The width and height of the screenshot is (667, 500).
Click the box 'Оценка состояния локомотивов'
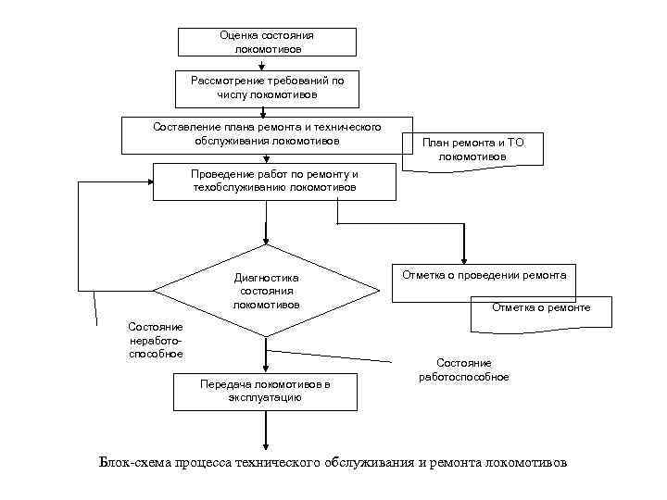[267, 42]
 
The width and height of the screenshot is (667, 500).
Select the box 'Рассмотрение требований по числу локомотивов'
[267, 88]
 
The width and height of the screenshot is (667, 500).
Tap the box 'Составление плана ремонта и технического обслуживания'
[266, 134]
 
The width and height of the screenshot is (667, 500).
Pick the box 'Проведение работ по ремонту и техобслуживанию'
[274, 181]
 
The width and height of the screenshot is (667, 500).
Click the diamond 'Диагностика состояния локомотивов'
[267, 291]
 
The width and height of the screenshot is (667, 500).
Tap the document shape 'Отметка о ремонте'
[542, 311]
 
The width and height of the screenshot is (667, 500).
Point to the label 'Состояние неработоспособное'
[157, 340]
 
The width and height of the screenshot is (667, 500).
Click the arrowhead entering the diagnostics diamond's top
[267, 240]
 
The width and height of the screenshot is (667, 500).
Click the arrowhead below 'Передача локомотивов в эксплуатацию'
[267, 445]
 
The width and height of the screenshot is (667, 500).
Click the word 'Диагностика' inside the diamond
[266, 276]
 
